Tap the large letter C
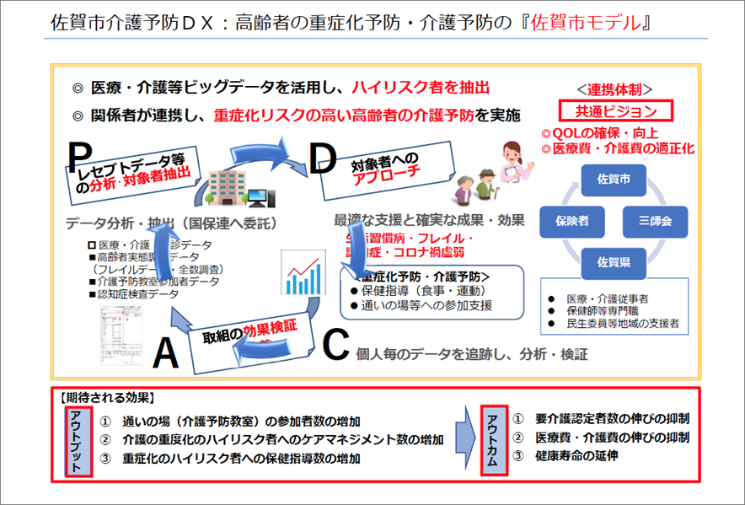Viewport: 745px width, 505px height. pos(335,344)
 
